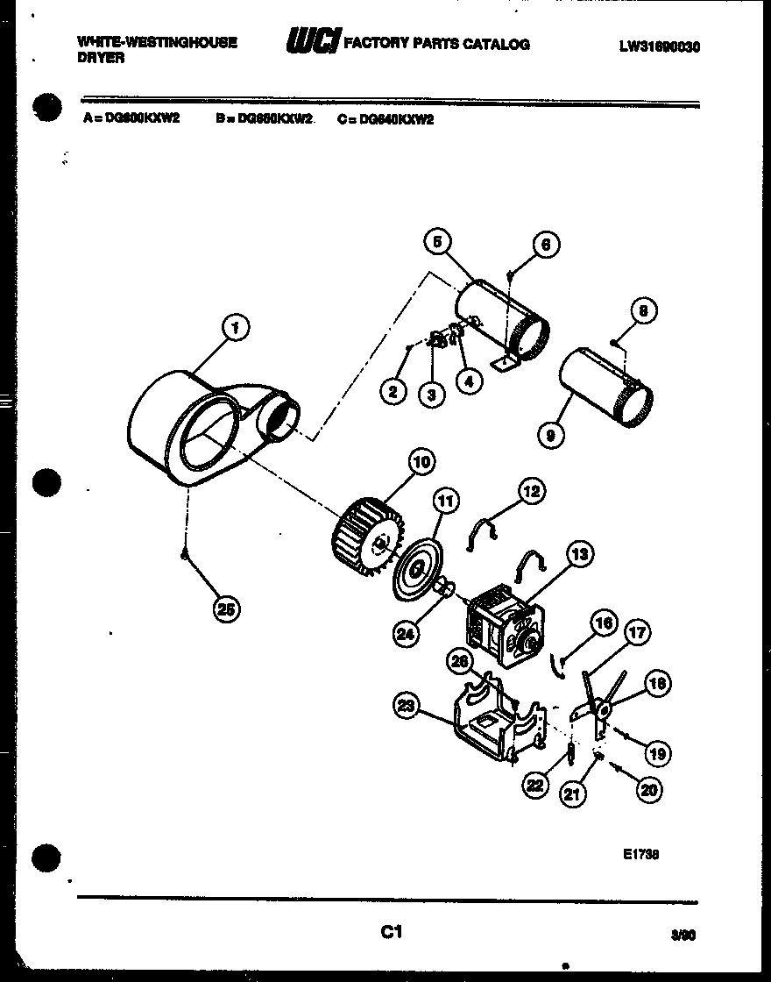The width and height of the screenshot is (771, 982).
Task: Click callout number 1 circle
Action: (x=233, y=329)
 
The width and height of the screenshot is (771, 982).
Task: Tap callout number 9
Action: (x=552, y=433)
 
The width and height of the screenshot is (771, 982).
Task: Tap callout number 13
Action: (x=579, y=553)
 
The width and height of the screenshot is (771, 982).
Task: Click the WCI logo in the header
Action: (x=312, y=41)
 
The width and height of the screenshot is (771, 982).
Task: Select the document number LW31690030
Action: (x=659, y=46)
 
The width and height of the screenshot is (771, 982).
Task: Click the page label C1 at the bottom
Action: (x=391, y=932)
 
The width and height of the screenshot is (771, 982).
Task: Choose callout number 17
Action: (x=637, y=630)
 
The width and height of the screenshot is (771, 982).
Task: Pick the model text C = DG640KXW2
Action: (x=385, y=119)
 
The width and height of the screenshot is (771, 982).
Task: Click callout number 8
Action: (x=645, y=310)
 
